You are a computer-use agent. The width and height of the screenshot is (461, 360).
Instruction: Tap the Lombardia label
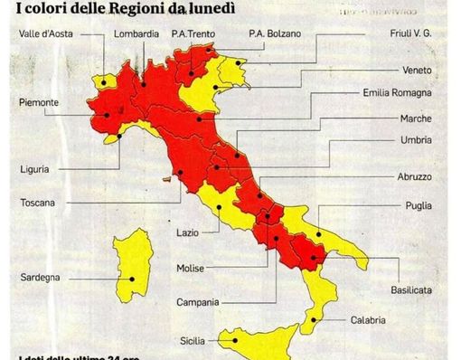tap(138, 34)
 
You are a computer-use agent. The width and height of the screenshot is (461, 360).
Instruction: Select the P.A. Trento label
tap(194, 34)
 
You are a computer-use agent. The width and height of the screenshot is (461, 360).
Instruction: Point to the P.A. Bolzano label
tap(276, 34)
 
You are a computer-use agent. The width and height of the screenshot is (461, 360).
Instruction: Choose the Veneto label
tap(418, 71)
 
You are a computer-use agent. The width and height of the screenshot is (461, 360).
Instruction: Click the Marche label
tap(416, 118)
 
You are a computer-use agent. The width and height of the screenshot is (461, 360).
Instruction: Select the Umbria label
tap(416, 140)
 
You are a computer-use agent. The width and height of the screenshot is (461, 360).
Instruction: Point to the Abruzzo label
tap(415, 177)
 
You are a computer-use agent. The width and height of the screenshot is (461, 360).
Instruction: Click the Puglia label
tap(419, 206)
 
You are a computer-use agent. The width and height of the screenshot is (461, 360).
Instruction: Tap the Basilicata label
tap(410, 289)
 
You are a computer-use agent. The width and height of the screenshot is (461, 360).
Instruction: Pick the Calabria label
tap(369, 320)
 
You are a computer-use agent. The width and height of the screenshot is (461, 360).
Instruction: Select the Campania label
tap(198, 301)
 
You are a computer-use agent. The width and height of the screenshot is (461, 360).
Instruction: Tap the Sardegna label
tap(41, 278)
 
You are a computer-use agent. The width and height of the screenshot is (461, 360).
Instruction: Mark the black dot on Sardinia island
tap(131, 278)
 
